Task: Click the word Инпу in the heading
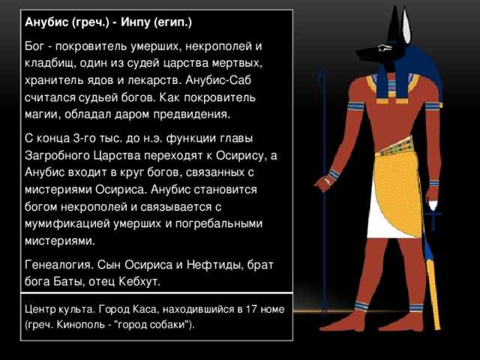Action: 136,22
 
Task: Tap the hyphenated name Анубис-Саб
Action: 218,80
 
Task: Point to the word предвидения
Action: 192,115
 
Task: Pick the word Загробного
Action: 56,155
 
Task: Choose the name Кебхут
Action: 139,281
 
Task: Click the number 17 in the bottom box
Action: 251,309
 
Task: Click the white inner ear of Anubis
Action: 406,27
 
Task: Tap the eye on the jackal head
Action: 385,48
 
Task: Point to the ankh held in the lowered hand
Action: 433,215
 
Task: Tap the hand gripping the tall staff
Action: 325,183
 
